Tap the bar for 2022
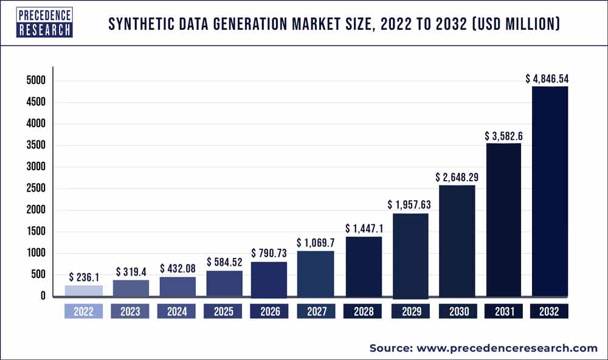pos(83,291)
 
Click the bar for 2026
pos(269,279)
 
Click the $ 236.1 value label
pos(83,277)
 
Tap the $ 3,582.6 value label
pos(503,136)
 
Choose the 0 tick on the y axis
pos(43,296)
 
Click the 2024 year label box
pos(176,312)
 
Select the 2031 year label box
pos(503,312)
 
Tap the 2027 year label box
pos(316,312)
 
